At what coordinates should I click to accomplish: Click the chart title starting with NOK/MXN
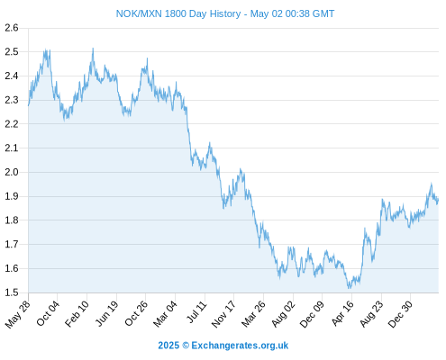coord(225,13)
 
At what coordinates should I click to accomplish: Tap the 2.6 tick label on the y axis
coord(12,28)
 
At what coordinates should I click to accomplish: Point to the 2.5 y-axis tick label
coord(12,52)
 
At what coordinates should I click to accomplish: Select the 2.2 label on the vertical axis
coord(12,124)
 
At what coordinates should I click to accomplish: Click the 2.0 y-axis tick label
coord(12,172)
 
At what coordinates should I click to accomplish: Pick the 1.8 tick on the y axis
coord(12,220)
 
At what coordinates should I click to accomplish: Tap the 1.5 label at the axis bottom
coord(12,292)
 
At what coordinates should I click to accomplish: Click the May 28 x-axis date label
coord(18,314)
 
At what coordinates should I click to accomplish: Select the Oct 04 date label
coord(48,313)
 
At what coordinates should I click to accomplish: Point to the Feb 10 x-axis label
coord(77,314)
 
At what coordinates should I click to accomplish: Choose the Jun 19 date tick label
coord(107,313)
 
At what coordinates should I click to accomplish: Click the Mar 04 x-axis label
coord(165,314)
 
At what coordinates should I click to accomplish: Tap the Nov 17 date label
coord(223,314)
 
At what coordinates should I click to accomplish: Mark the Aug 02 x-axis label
coord(283,314)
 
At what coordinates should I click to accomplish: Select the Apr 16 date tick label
coord(342,314)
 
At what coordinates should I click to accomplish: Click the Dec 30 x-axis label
coord(400,314)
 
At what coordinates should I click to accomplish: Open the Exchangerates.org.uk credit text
coord(223,346)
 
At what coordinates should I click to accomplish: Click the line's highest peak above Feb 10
coord(93,49)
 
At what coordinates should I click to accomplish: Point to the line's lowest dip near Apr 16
coord(349,288)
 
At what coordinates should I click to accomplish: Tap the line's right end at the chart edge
coord(438,199)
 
